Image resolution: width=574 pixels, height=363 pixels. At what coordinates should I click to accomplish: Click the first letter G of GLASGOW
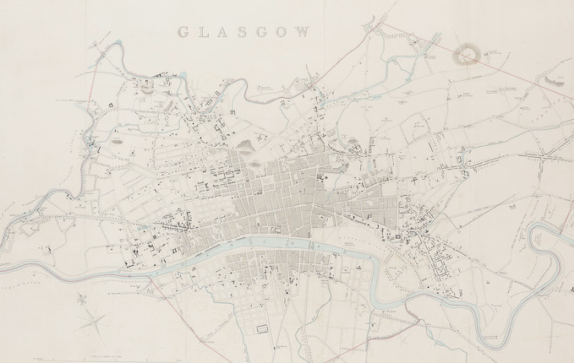[182, 33]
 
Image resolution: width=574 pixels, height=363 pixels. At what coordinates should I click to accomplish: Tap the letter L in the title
[201, 33]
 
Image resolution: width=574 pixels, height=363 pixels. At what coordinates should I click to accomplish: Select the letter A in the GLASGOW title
[220, 33]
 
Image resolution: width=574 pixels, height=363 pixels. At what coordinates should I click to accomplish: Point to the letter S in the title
[239, 33]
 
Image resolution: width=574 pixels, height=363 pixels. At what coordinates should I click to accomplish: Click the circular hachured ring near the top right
[467, 57]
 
